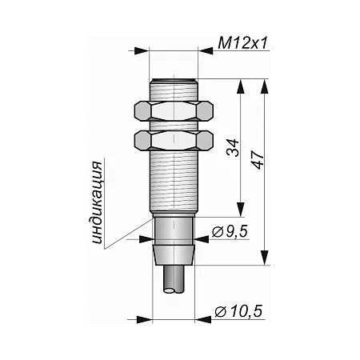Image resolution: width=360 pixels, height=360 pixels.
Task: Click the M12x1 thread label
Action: [242, 43]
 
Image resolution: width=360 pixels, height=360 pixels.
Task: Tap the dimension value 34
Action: [233, 147]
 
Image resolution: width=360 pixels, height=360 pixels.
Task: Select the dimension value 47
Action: [258, 160]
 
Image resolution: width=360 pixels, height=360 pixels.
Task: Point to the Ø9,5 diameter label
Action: [230, 231]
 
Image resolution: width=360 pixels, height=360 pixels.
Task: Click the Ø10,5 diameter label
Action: [238, 311]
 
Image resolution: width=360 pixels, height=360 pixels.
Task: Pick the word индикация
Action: [97, 202]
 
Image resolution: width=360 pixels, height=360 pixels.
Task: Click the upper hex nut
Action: [174, 111]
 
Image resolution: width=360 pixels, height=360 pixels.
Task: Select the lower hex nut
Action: [174, 140]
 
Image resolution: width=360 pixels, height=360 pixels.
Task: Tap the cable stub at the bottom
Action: [174, 279]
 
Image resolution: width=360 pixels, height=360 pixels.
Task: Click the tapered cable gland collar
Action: [174, 255]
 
